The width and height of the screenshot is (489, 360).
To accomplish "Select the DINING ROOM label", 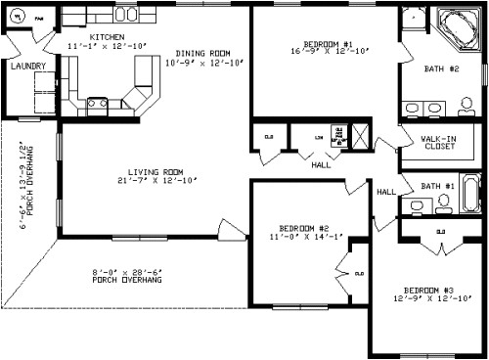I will [203, 53].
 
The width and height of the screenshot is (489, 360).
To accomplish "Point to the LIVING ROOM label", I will [156, 171].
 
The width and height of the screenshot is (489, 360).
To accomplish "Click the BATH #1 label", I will [437, 186].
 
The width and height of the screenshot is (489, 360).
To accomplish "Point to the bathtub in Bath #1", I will [469, 193].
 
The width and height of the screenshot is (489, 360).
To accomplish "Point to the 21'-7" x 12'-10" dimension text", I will [156, 180].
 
